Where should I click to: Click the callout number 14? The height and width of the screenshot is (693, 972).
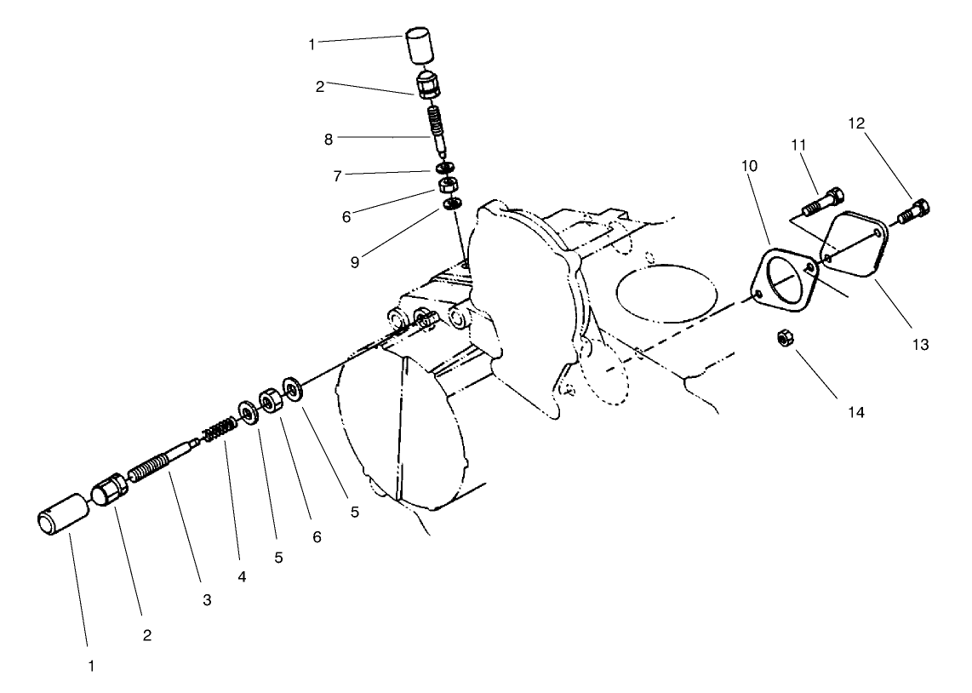click(855, 412)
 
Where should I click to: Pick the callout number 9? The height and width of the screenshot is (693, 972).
click(354, 262)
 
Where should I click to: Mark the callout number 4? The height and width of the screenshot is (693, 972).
click(242, 577)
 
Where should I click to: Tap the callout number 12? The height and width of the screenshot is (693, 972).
click(856, 123)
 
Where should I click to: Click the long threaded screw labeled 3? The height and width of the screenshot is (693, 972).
click(162, 460)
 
